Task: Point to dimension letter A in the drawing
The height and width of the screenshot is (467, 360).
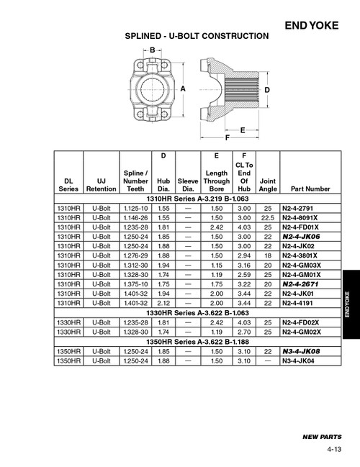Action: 184,89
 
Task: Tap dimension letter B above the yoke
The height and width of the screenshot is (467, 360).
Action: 153,50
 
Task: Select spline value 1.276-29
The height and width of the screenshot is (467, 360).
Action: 136,255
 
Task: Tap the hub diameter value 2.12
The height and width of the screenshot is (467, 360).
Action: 163,303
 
